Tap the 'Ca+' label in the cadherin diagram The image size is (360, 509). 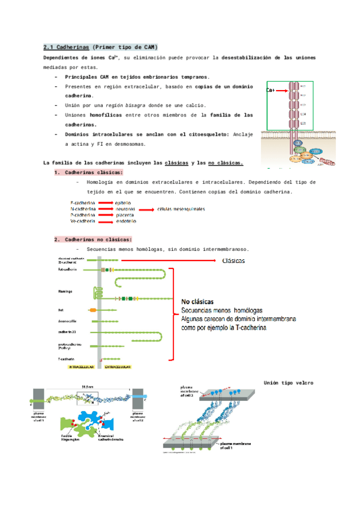(271, 91)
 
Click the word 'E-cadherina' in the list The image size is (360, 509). (82, 203)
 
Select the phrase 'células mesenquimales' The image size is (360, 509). (181, 209)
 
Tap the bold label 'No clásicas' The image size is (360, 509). (200, 301)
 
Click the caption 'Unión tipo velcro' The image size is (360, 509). (289, 382)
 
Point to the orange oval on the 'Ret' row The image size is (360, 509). (92, 310)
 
